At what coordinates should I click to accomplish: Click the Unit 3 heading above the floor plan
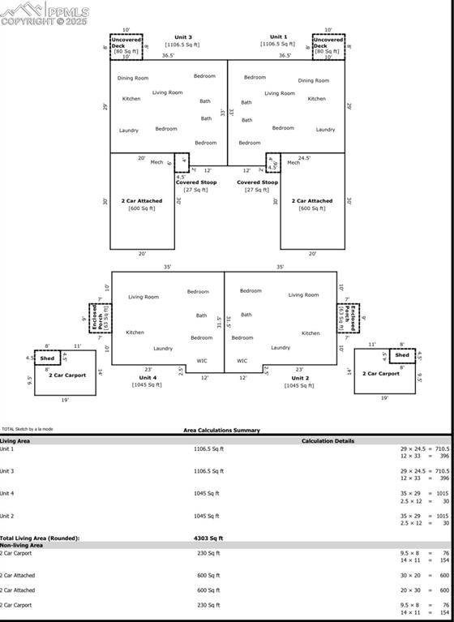(x=183, y=37)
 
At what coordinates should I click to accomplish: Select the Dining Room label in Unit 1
(x=313, y=80)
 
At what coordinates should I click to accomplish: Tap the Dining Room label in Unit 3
(x=133, y=78)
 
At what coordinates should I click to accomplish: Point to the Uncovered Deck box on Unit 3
(x=126, y=47)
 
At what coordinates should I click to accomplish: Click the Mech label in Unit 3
(x=156, y=162)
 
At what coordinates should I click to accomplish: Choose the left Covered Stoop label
(x=196, y=182)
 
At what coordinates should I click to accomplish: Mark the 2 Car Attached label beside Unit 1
(x=312, y=200)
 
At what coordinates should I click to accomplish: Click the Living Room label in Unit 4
(x=143, y=297)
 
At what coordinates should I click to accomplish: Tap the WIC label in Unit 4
(x=202, y=361)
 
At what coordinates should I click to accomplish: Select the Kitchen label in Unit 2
(x=311, y=332)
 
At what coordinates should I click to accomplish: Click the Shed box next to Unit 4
(x=48, y=358)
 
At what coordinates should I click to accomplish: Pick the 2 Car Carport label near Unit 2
(x=380, y=374)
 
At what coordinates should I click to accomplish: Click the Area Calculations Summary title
(x=221, y=431)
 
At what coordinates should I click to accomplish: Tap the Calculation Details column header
(x=328, y=441)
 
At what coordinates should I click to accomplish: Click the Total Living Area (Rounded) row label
(x=40, y=538)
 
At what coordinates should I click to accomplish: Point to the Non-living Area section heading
(x=22, y=545)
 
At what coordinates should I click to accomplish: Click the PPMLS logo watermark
(x=45, y=12)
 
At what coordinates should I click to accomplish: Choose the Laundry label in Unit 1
(x=325, y=130)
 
